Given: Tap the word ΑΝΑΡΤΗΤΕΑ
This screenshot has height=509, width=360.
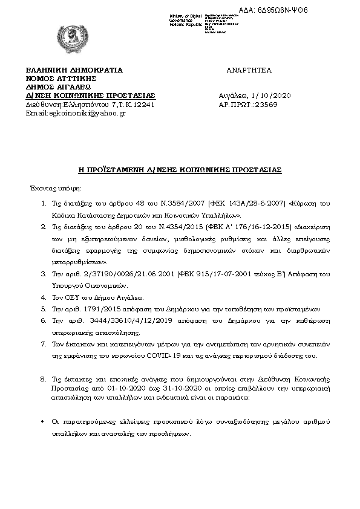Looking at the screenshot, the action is (249, 70).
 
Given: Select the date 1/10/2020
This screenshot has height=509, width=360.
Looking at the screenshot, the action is (275, 96).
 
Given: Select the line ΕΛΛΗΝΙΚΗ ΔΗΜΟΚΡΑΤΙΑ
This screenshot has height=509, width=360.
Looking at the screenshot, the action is (74, 70).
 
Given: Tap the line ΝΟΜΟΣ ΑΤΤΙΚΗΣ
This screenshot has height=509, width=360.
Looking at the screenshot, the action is (61, 79).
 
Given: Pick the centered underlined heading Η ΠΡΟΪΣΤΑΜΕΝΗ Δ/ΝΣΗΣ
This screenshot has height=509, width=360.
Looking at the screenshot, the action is (180, 170).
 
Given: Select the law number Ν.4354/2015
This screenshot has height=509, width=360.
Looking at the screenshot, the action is (174, 228).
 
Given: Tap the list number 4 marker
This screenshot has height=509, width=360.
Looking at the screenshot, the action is (43, 297).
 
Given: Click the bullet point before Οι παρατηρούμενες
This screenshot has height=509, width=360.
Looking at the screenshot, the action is (42, 420).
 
